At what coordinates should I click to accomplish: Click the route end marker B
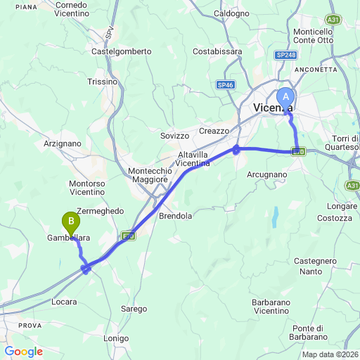click(x=71, y=222)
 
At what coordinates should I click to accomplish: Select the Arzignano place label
click(x=63, y=143)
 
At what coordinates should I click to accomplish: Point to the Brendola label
click(x=176, y=216)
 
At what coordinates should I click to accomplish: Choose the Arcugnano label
click(x=268, y=174)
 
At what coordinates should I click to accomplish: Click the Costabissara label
click(x=217, y=51)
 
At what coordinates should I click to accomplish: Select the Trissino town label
click(x=103, y=82)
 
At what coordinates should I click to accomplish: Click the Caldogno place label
click(x=231, y=13)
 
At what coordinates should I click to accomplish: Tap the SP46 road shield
click(x=224, y=84)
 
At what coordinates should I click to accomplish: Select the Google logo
click(x=23, y=352)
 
